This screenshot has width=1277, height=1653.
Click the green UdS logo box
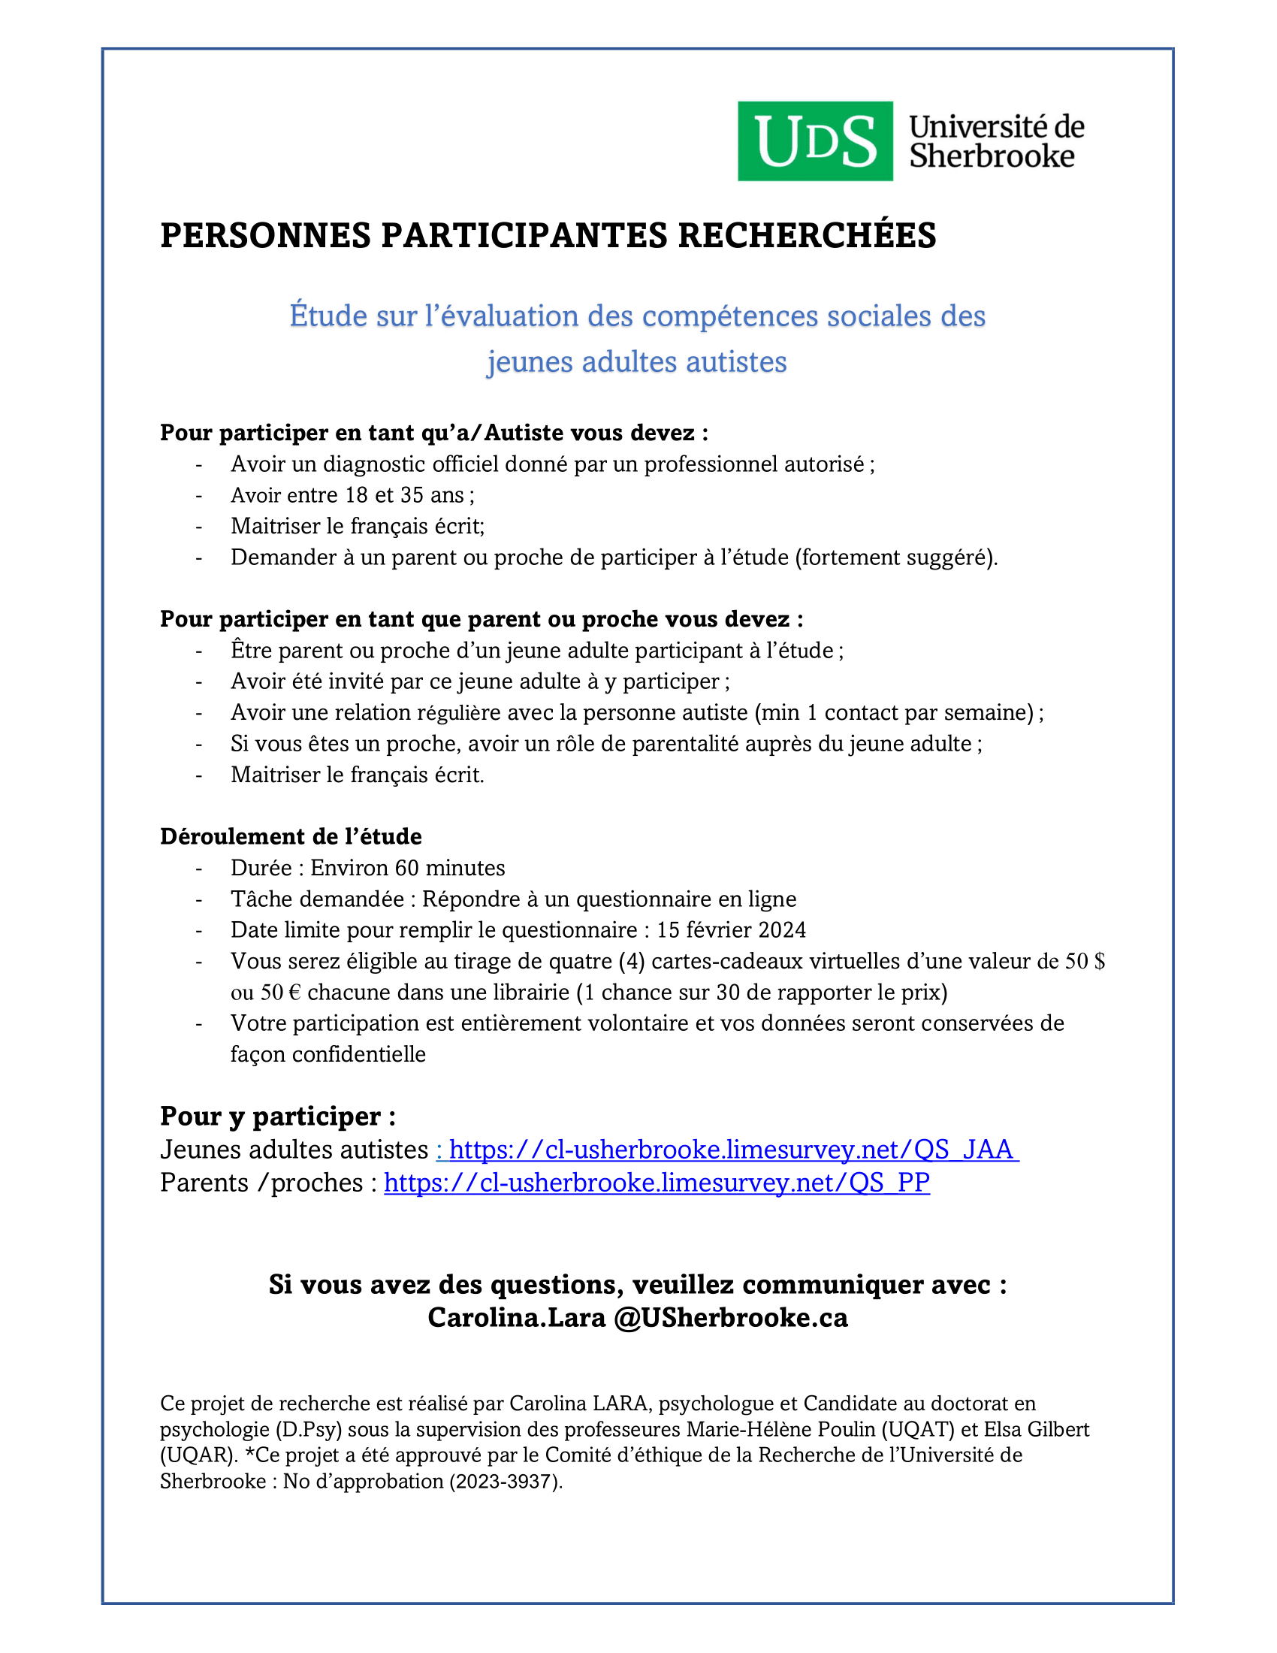[x=815, y=141]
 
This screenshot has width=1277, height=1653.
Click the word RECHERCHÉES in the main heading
[x=807, y=235]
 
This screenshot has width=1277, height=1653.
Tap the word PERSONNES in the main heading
[x=265, y=235]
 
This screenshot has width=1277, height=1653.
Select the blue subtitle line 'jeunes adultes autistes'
[x=636, y=362]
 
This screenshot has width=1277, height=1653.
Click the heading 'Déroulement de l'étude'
[x=291, y=836]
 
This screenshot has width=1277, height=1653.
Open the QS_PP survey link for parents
[x=657, y=1182]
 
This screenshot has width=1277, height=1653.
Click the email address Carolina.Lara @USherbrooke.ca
[x=637, y=1318]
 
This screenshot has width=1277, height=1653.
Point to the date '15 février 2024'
[x=731, y=929]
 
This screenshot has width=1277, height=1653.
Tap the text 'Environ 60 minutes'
[x=408, y=867]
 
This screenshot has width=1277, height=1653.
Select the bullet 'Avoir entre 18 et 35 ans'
[x=352, y=495]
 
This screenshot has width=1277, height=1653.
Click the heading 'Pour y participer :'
[x=278, y=1117]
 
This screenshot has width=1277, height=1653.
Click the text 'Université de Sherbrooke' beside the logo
[x=995, y=141]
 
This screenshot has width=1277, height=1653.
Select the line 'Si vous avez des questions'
[x=637, y=1284]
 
